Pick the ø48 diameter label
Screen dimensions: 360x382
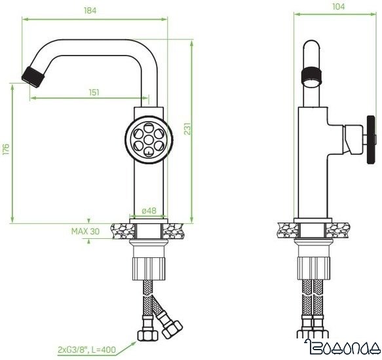[x=149, y=211]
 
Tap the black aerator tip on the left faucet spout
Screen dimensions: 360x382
[x=32, y=74]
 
